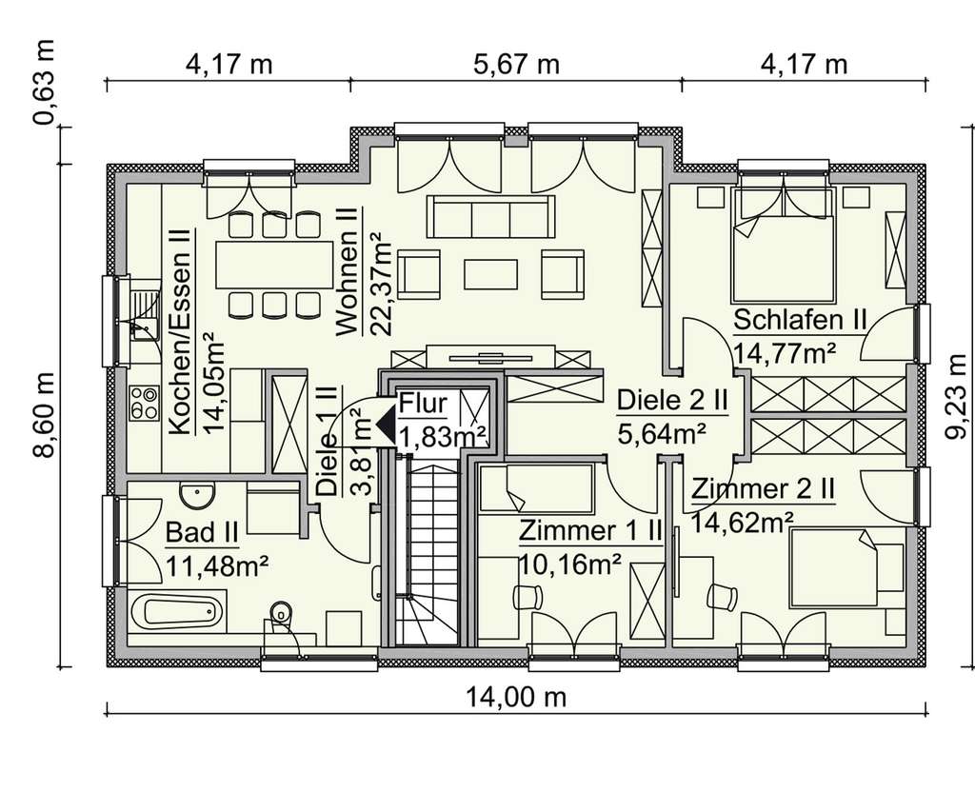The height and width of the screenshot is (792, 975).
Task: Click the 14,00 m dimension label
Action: [x=515, y=698]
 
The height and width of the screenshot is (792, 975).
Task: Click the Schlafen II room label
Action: [x=799, y=320]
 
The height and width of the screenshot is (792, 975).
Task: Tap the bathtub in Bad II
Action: [x=178, y=608]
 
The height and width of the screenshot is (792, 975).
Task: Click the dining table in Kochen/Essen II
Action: [x=268, y=264]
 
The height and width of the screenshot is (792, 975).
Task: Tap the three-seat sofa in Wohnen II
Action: [x=491, y=217]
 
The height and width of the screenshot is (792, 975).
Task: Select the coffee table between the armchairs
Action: [x=491, y=274]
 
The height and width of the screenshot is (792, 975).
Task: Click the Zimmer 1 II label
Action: [x=589, y=531]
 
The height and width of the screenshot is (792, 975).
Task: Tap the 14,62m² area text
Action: [x=743, y=522]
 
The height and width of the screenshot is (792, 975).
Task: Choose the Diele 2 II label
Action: [x=672, y=401]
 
